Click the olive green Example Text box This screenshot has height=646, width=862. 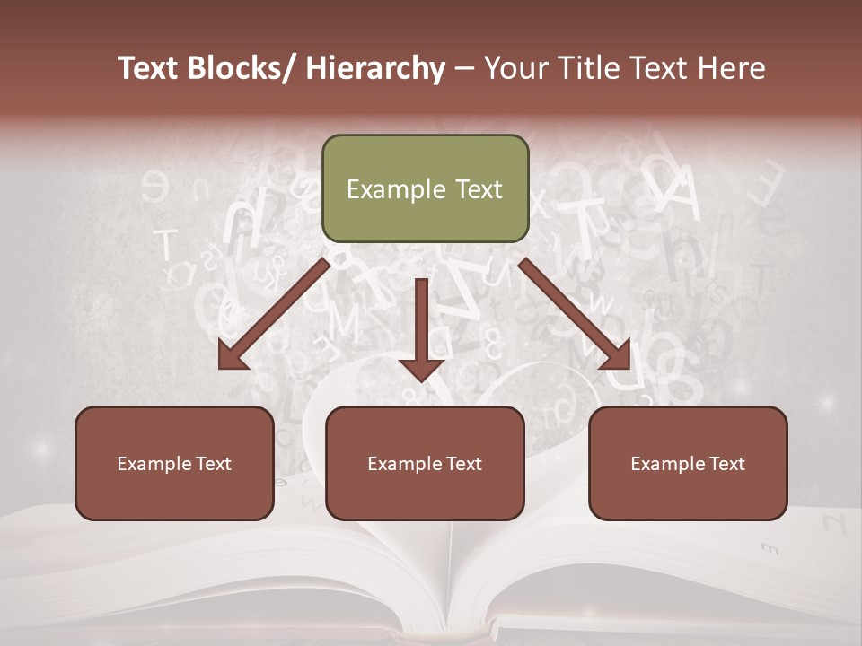point(425,188)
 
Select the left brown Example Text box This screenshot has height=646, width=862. point(174,463)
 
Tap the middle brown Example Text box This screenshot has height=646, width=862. point(425,463)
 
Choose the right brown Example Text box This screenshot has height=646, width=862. point(688,463)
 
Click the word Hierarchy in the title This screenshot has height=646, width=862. point(375,68)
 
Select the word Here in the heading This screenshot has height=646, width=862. point(733,68)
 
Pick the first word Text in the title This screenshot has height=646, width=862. point(148,68)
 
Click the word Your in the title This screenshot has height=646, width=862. point(515,68)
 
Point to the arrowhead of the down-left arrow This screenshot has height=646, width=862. point(231,355)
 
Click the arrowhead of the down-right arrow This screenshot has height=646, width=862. point(618,355)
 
